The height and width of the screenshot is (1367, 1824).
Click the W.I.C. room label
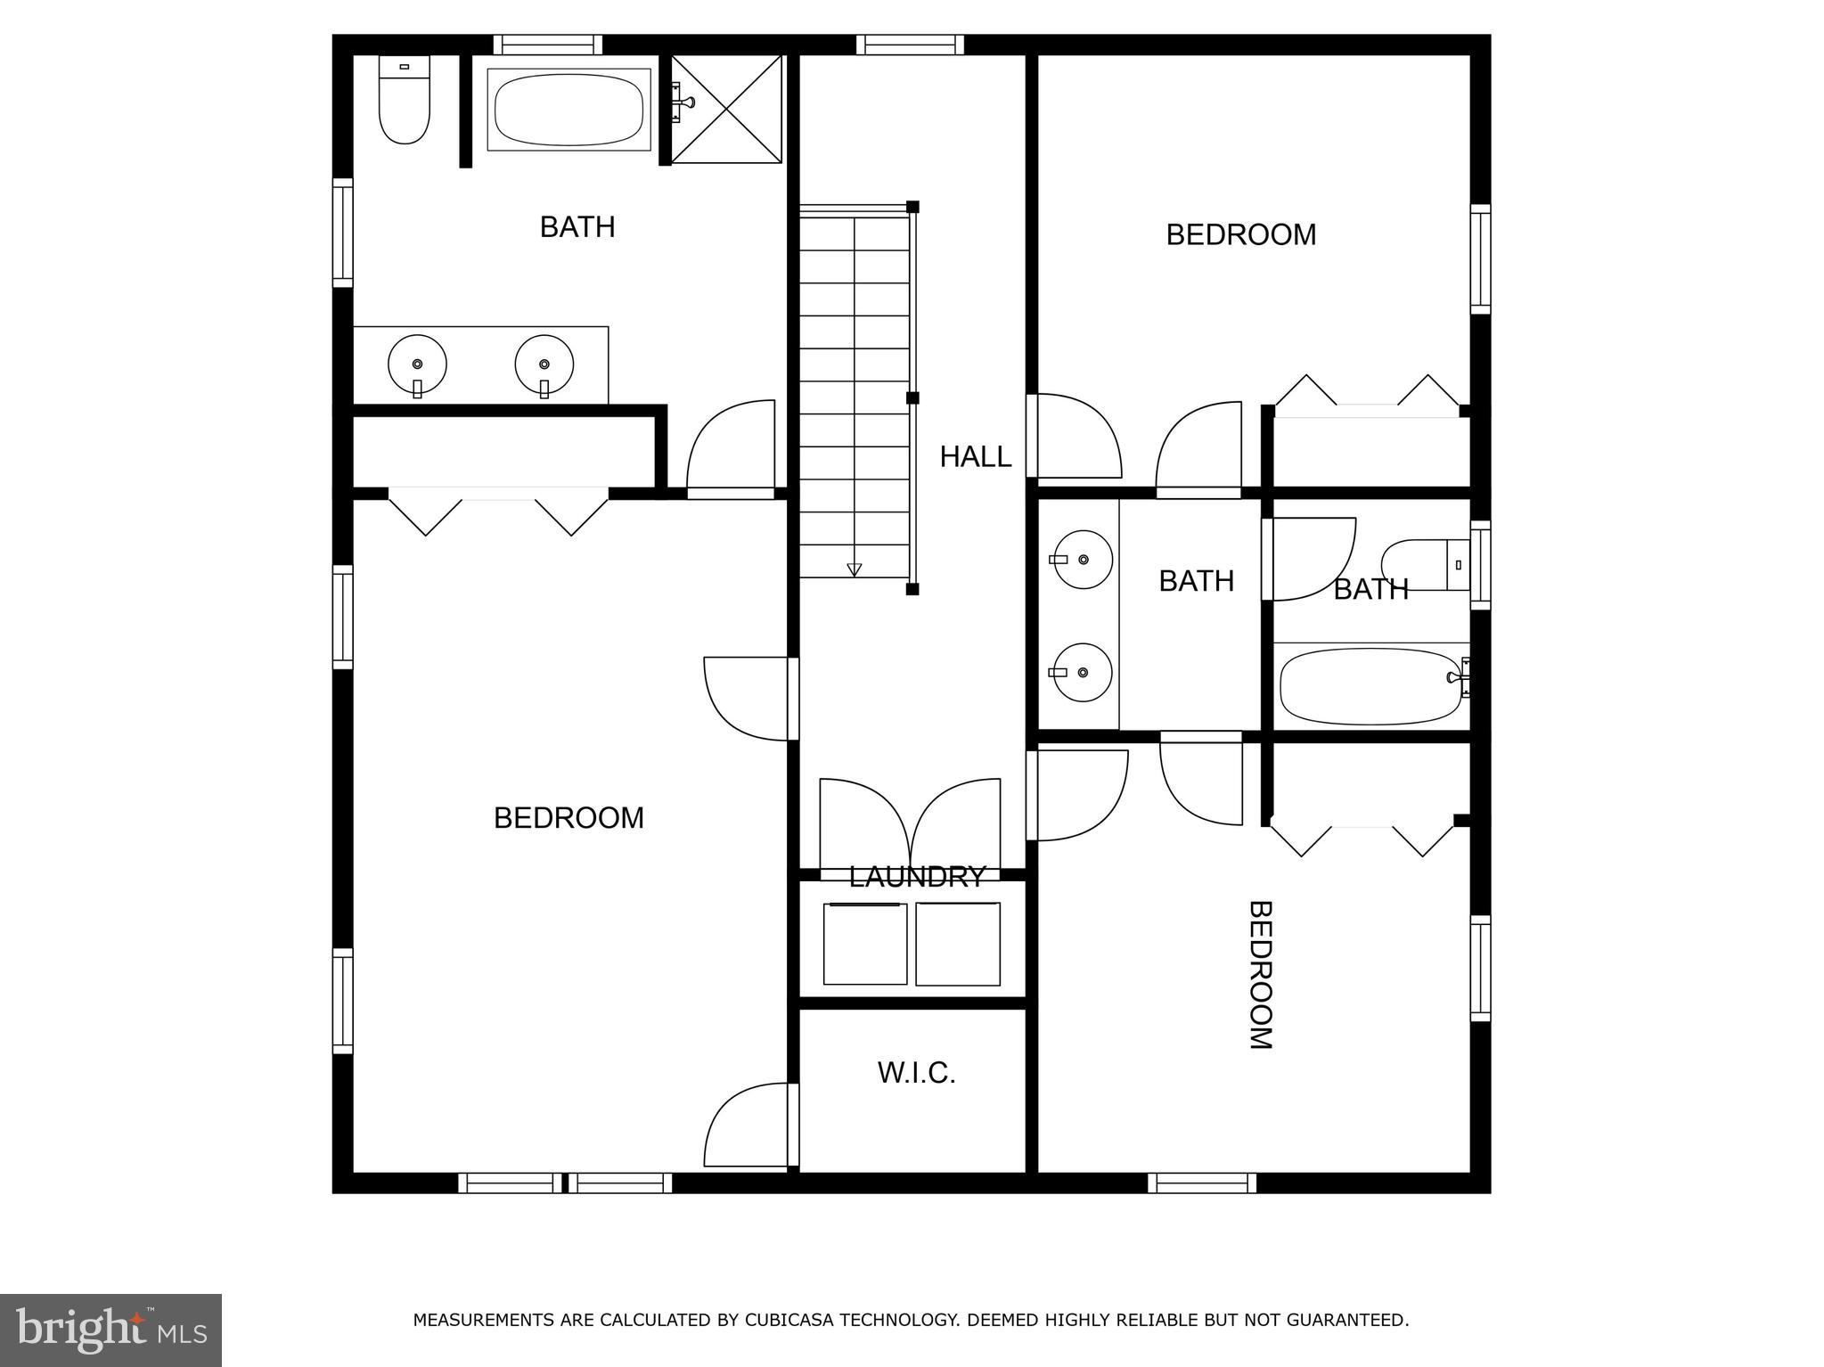[x=916, y=1073]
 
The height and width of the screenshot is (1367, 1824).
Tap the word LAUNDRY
[x=917, y=877]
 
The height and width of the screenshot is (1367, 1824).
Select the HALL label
[x=975, y=457]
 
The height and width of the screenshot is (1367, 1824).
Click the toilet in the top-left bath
[x=404, y=99]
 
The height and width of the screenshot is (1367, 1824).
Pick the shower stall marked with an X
[x=725, y=109]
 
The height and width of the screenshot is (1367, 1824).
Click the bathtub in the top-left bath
[x=568, y=109]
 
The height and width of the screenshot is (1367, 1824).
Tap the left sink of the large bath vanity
[x=417, y=364]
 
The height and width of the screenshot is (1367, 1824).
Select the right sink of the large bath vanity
[x=544, y=364]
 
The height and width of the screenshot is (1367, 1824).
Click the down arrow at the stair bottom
[x=854, y=569]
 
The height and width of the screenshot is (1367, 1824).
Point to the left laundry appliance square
[x=864, y=944]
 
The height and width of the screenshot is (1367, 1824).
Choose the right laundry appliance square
[x=957, y=944]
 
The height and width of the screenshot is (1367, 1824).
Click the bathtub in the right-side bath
[x=1370, y=685]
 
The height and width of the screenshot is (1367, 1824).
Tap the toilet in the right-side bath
[x=1424, y=565]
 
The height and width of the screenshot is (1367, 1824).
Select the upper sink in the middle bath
[x=1083, y=560]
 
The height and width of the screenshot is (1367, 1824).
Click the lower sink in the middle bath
[x=1083, y=672]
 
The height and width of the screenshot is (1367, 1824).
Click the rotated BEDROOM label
[x=1259, y=975]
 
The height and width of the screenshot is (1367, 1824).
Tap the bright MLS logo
[x=110, y=1330]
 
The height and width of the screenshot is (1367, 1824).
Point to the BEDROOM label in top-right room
[x=1240, y=235]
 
